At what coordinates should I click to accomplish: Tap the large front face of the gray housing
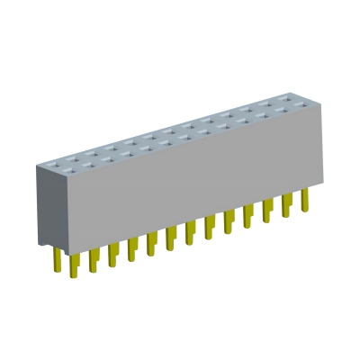click(189, 180)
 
